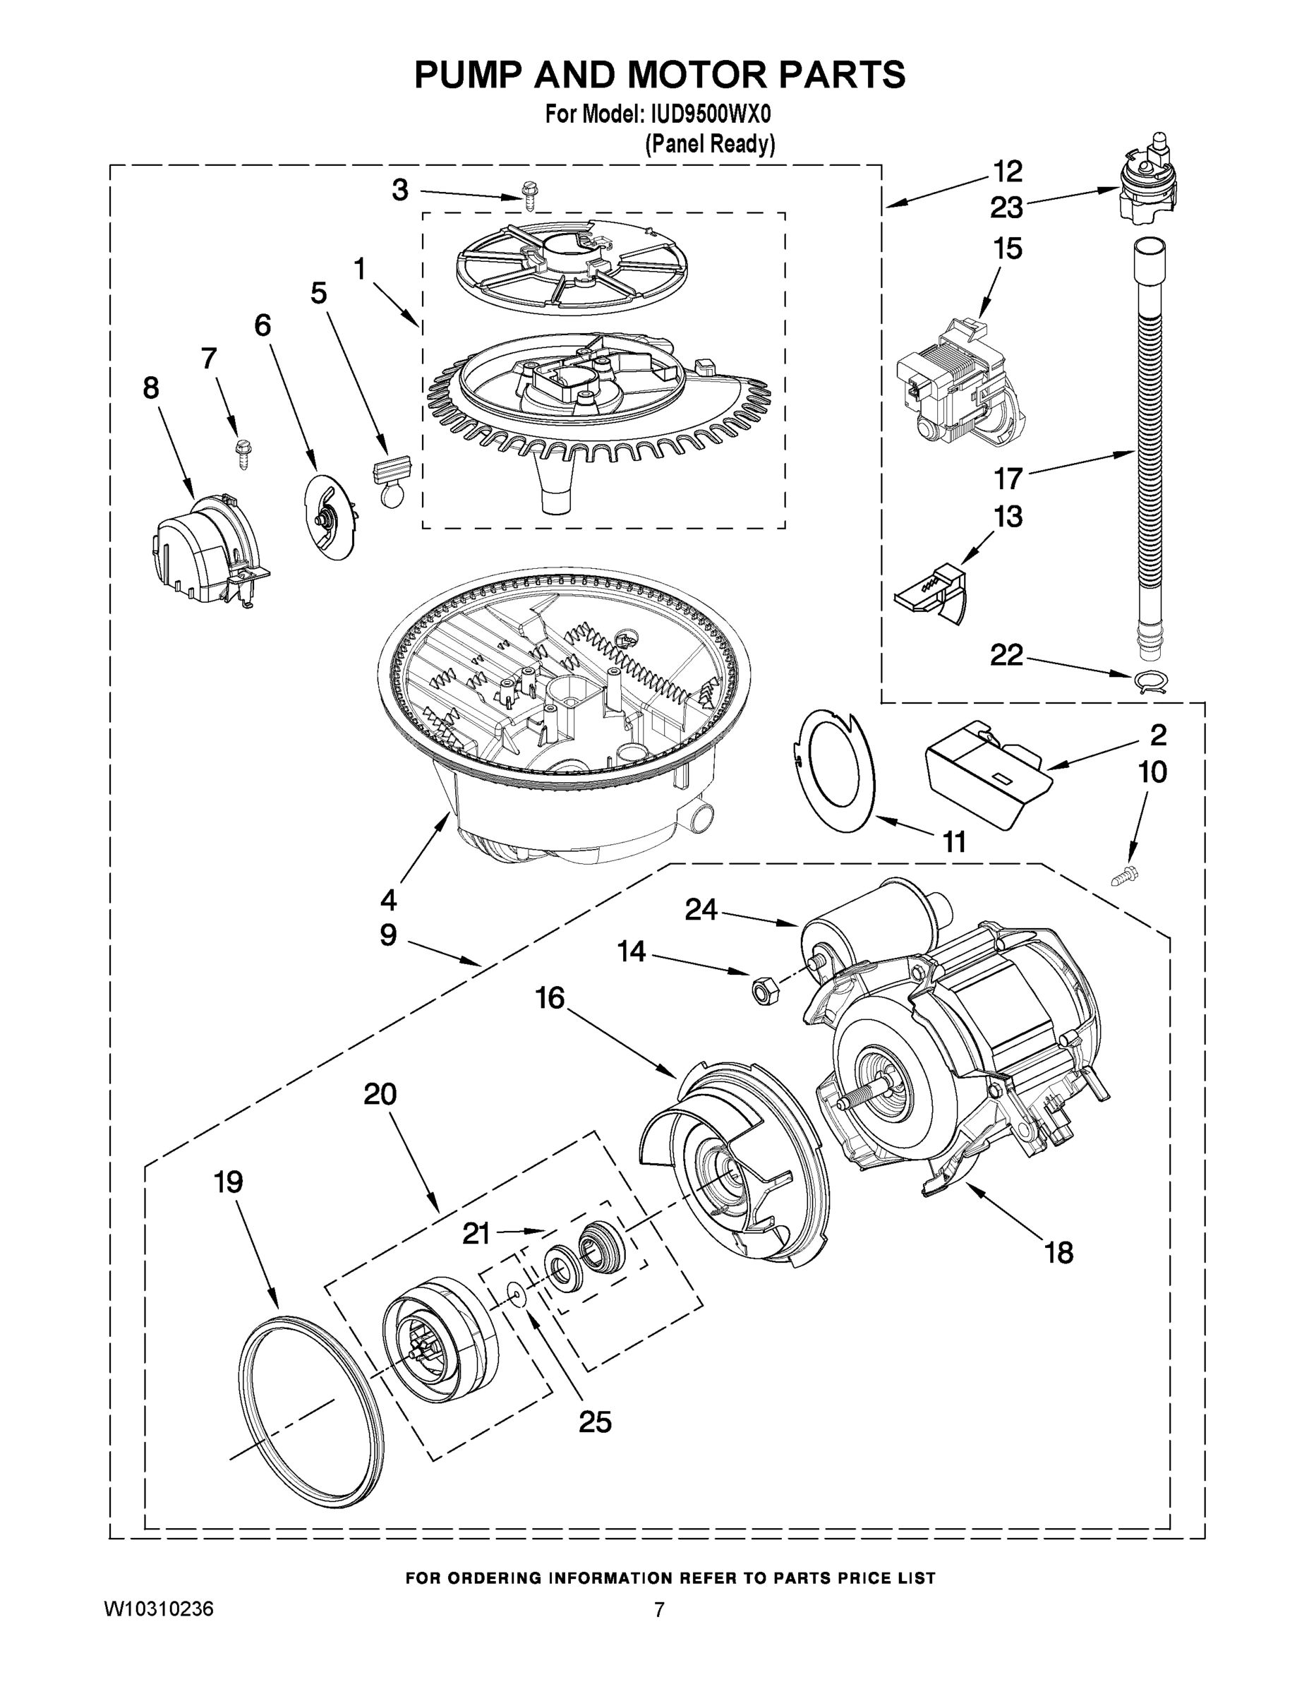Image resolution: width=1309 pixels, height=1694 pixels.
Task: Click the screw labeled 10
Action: tap(1123, 877)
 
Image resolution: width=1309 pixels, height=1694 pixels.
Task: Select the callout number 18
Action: tap(1059, 1252)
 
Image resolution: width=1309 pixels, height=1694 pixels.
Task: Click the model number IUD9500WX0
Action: tap(706, 115)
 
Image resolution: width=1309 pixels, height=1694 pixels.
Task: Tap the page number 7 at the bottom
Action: tap(658, 1609)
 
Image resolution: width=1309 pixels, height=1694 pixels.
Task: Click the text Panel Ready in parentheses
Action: tap(711, 144)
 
